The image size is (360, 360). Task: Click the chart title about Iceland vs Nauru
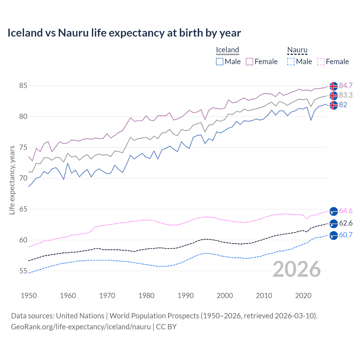(124, 33)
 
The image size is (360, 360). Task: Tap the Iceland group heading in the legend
(227, 50)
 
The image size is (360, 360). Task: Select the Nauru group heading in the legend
(297, 50)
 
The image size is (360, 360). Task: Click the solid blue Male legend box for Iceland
(220, 62)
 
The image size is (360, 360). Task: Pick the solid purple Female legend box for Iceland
(249, 62)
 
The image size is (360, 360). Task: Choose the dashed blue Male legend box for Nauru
(291, 62)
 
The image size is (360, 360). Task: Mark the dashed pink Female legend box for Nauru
(321, 62)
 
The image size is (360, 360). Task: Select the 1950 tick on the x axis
(29, 296)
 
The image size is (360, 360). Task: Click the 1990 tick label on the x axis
(186, 296)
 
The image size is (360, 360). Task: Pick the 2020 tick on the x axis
(303, 296)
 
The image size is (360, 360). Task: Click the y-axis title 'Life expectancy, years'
(12, 180)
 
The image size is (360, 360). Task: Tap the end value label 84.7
(346, 85)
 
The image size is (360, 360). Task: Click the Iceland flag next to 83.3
(334, 96)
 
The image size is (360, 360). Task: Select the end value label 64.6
(346, 211)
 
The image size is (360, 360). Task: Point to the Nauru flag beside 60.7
(334, 235)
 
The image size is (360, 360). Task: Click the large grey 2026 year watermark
(296, 269)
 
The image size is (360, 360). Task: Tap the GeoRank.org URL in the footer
(81, 327)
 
